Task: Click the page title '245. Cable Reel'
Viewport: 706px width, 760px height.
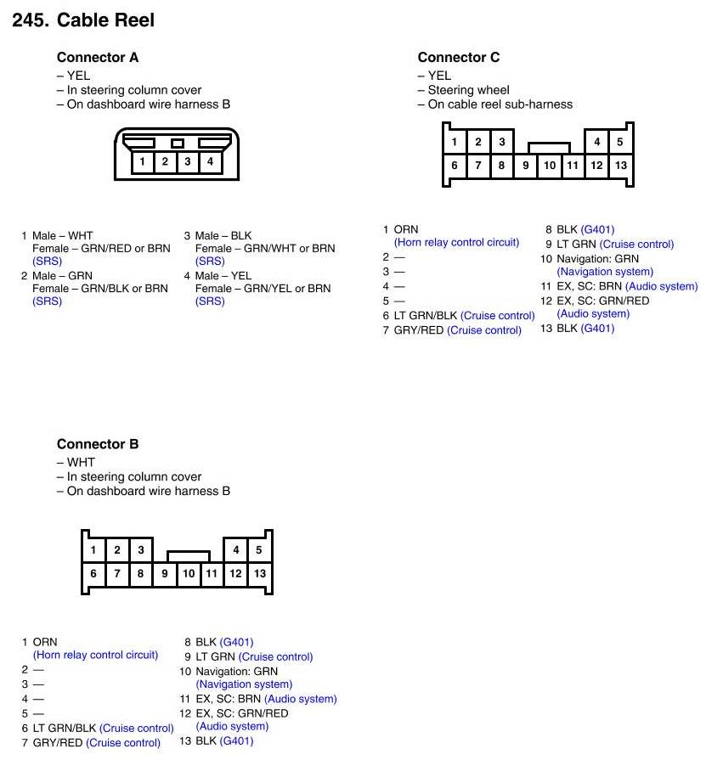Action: (83, 20)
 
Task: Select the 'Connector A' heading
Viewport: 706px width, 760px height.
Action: (98, 58)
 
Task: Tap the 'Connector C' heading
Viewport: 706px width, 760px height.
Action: (459, 58)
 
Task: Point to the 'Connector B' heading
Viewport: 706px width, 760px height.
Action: (98, 444)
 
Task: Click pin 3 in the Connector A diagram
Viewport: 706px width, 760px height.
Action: (188, 160)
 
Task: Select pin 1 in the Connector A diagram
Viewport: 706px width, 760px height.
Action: (143, 160)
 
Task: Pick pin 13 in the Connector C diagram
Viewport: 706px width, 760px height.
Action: (621, 166)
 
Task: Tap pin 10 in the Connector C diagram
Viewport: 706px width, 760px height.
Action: (550, 166)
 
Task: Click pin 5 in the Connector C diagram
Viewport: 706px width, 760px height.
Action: (620, 142)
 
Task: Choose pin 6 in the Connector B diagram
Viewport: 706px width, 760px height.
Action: (93, 573)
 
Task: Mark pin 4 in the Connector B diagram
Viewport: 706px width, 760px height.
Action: (236, 549)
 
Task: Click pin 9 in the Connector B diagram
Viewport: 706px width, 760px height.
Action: (165, 573)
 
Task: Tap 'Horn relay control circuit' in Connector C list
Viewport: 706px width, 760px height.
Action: (456, 242)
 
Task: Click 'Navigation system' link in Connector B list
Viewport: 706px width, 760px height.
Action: (244, 684)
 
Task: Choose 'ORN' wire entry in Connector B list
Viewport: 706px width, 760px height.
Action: (45, 642)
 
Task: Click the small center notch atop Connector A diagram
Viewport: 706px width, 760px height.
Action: (177, 144)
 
